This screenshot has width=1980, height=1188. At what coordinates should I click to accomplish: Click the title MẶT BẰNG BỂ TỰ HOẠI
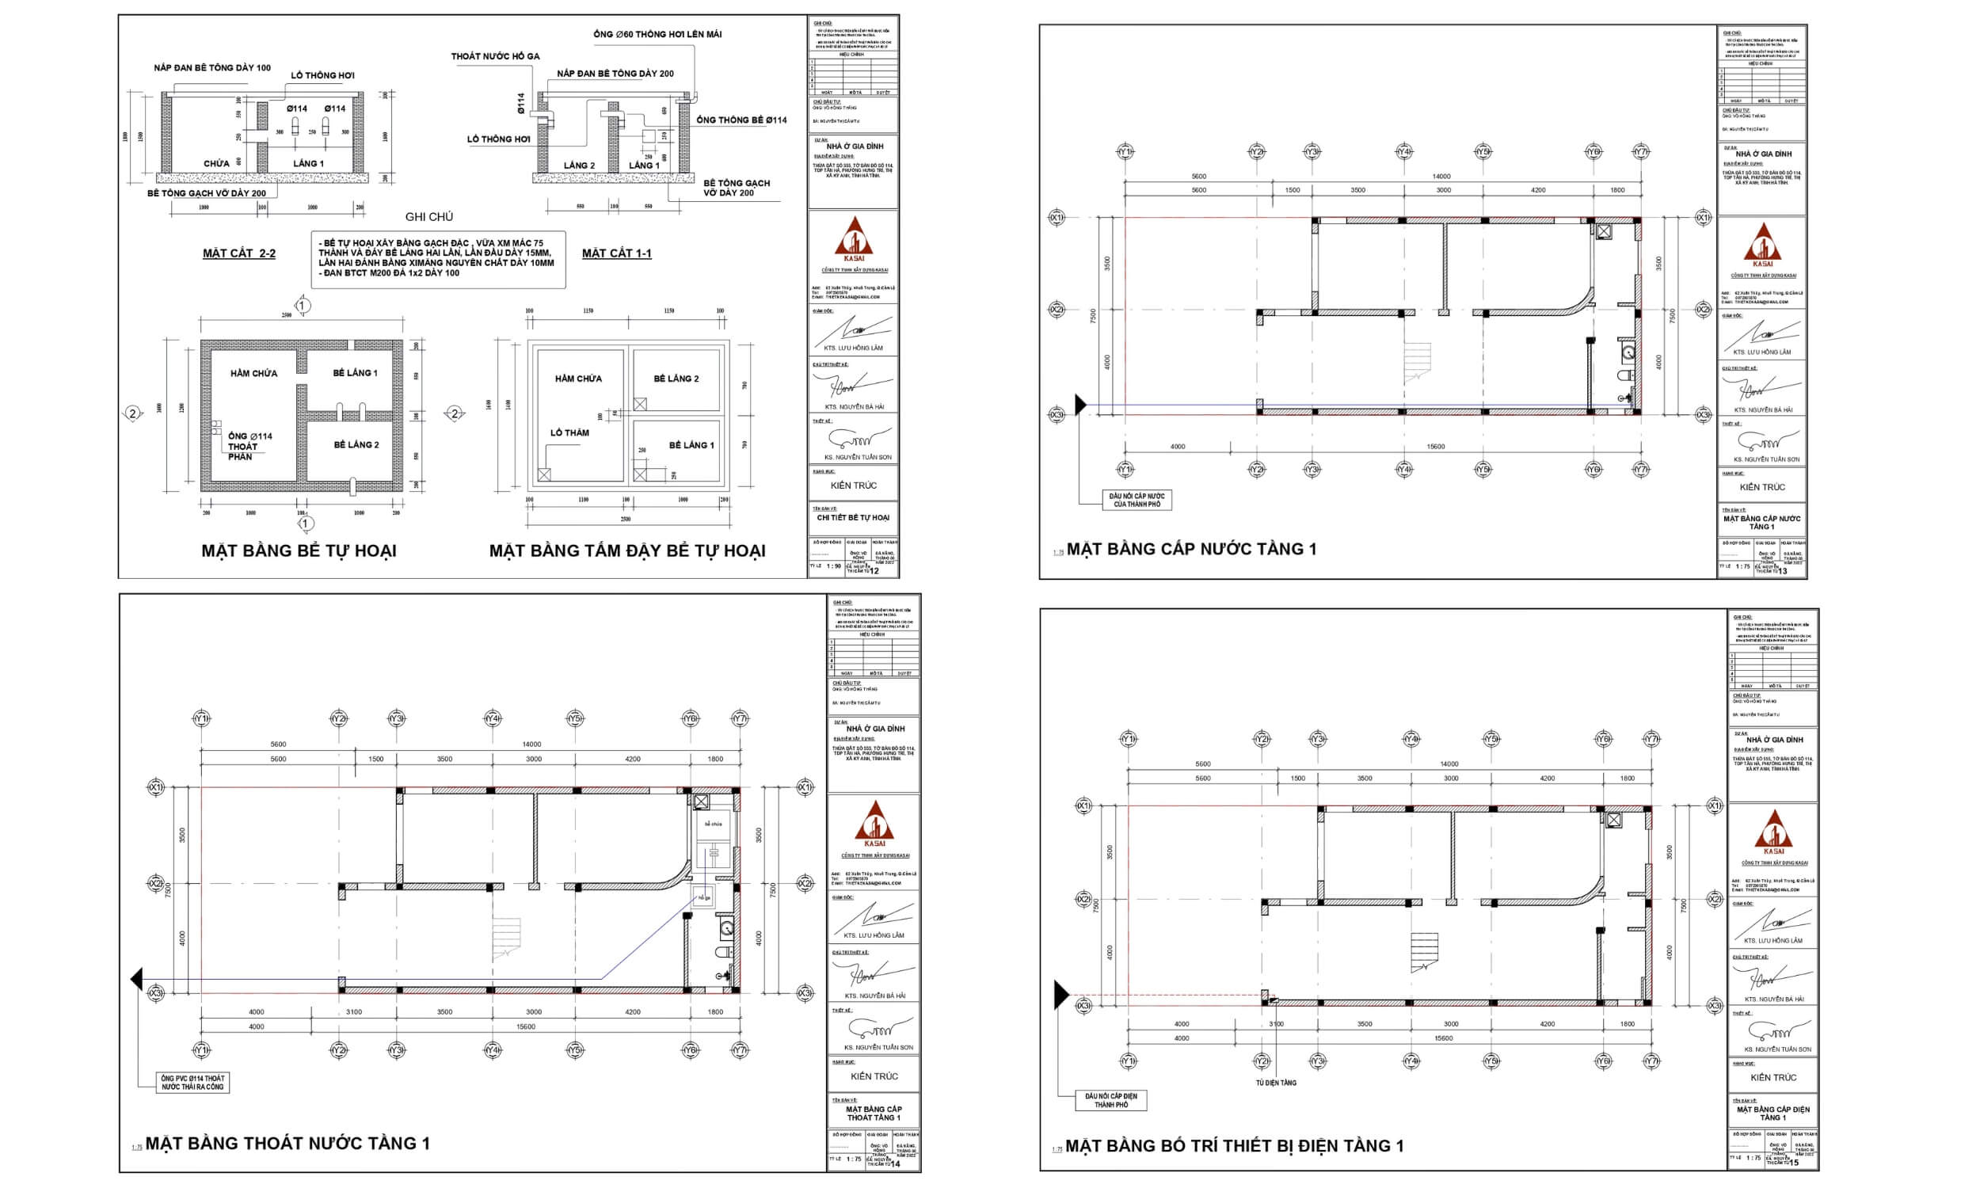coord(299,550)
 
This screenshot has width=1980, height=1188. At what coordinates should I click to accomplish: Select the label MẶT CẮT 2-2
coord(238,253)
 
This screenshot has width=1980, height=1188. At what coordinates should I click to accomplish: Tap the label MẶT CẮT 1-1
coord(616,253)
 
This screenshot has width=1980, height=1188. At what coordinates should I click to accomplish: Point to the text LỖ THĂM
coord(569,433)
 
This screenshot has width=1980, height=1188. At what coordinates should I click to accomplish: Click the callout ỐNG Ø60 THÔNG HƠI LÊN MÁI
coord(657,34)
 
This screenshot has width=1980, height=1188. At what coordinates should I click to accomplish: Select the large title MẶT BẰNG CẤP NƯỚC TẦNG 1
coord(1191,549)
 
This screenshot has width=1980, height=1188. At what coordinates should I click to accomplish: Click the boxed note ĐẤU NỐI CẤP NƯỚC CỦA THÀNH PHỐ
coord(1137,501)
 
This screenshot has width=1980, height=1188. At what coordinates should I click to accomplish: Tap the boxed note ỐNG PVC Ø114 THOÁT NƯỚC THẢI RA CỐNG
coord(193,1083)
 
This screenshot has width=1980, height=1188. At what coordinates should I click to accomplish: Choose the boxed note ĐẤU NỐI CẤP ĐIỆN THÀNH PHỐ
coord(1111,1100)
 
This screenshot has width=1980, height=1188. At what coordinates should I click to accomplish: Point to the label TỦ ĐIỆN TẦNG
coord(1276,1083)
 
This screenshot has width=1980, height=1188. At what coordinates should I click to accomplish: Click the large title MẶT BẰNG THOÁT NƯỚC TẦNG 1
coord(287,1143)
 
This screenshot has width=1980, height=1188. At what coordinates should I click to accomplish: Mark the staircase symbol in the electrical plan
coord(1424,951)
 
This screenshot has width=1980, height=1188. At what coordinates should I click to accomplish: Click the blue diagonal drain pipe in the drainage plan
coord(649,939)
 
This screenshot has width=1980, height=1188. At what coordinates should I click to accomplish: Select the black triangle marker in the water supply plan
coord(1080,405)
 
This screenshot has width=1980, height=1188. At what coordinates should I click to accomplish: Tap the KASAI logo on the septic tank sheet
coord(854,239)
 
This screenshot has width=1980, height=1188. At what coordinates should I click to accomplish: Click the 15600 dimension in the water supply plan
coord(1435,447)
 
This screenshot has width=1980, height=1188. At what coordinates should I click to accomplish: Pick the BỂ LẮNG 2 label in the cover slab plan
coord(676,379)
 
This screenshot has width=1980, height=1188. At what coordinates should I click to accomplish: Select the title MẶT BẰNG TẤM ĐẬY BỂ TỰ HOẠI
coord(626,550)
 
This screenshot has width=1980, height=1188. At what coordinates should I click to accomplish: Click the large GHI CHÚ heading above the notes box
coord(429,217)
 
